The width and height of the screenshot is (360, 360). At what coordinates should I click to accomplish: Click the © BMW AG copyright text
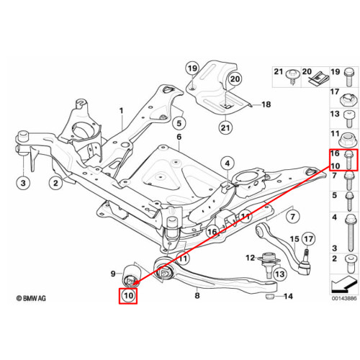(31, 298)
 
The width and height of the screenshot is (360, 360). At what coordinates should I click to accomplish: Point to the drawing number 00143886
(344, 298)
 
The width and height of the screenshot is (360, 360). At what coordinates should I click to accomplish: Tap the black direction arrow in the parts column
(343, 284)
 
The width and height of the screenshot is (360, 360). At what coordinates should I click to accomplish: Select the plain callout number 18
(266, 104)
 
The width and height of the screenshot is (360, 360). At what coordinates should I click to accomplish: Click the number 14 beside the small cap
(288, 297)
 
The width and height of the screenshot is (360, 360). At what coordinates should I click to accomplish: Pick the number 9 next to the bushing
(113, 274)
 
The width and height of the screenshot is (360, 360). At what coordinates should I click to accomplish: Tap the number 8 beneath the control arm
(197, 295)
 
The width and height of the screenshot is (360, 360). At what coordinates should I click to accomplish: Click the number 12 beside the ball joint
(250, 258)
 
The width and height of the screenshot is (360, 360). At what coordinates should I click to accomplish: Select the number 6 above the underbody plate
(179, 137)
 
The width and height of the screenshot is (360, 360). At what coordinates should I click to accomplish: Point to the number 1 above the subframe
(122, 111)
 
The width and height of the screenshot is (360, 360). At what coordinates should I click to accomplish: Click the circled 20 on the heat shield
(235, 79)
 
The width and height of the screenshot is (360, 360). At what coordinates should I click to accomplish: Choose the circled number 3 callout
(23, 183)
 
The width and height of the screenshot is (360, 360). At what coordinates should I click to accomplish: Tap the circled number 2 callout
(55, 183)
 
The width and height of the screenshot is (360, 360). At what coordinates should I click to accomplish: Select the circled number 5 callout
(179, 123)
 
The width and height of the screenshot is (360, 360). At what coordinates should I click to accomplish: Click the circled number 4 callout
(228, 163)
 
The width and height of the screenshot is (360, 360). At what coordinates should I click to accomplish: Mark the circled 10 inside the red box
(128, 295)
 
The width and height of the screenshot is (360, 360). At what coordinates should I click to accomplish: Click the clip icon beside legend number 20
(317, 78)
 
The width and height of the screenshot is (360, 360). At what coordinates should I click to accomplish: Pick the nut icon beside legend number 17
(348, 99)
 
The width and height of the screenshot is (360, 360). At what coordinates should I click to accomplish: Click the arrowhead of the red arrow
(134, 284)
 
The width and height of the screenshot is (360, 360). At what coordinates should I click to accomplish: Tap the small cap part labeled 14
(270, 297)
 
